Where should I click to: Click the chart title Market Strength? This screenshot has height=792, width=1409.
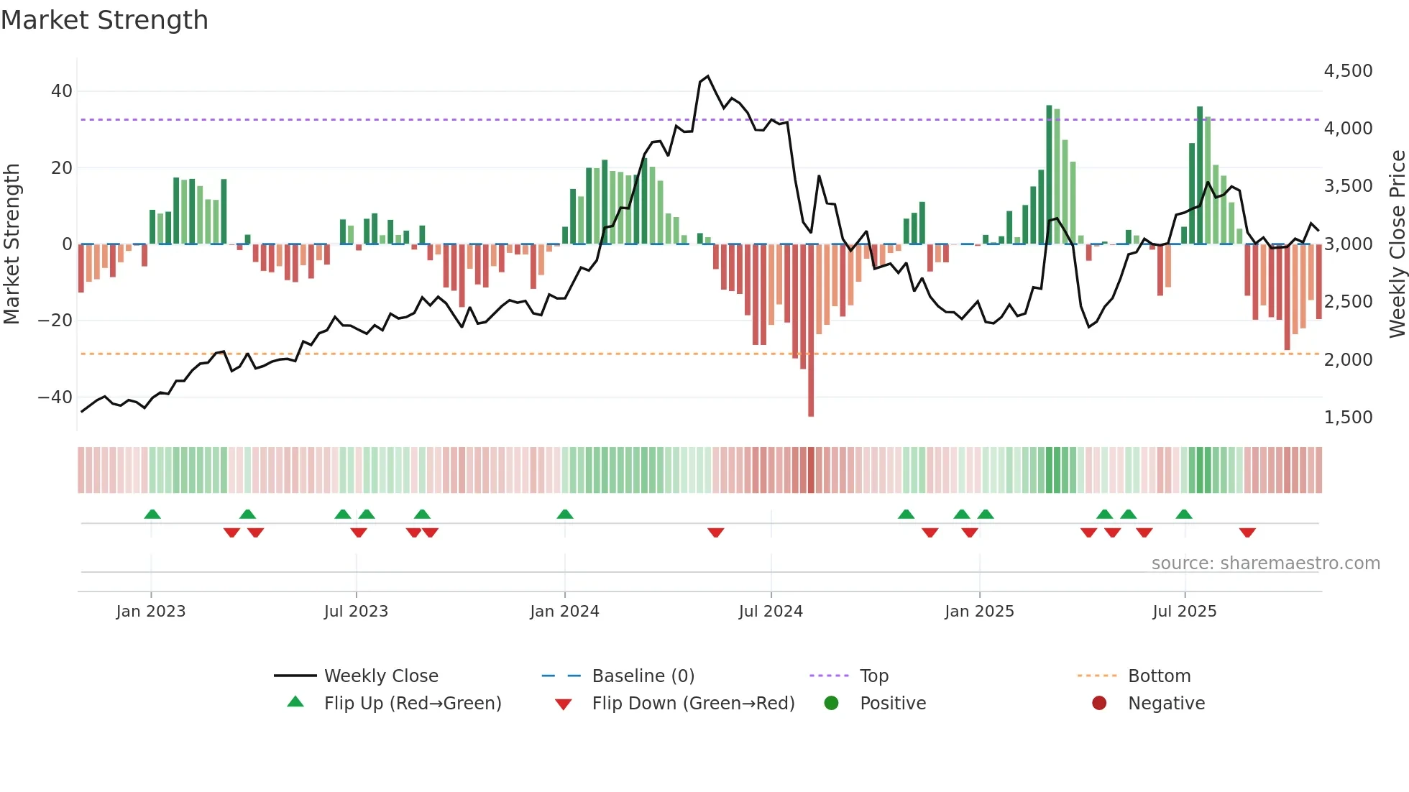104,20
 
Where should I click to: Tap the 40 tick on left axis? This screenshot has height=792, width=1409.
61,91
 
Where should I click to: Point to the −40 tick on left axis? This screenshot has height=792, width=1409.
55,397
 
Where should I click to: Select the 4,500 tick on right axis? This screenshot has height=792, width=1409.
1348,70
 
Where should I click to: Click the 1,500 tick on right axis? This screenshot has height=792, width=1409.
1348,417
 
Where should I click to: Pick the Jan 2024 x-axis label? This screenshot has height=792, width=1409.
564,612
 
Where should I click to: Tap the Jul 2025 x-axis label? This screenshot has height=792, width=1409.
1184,612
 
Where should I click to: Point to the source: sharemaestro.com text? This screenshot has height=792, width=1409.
1265,563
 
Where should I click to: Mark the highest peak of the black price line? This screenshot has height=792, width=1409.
708,76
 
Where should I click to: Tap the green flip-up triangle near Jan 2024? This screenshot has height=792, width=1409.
565,514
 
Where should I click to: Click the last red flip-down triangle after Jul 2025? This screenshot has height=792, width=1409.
1247,533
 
